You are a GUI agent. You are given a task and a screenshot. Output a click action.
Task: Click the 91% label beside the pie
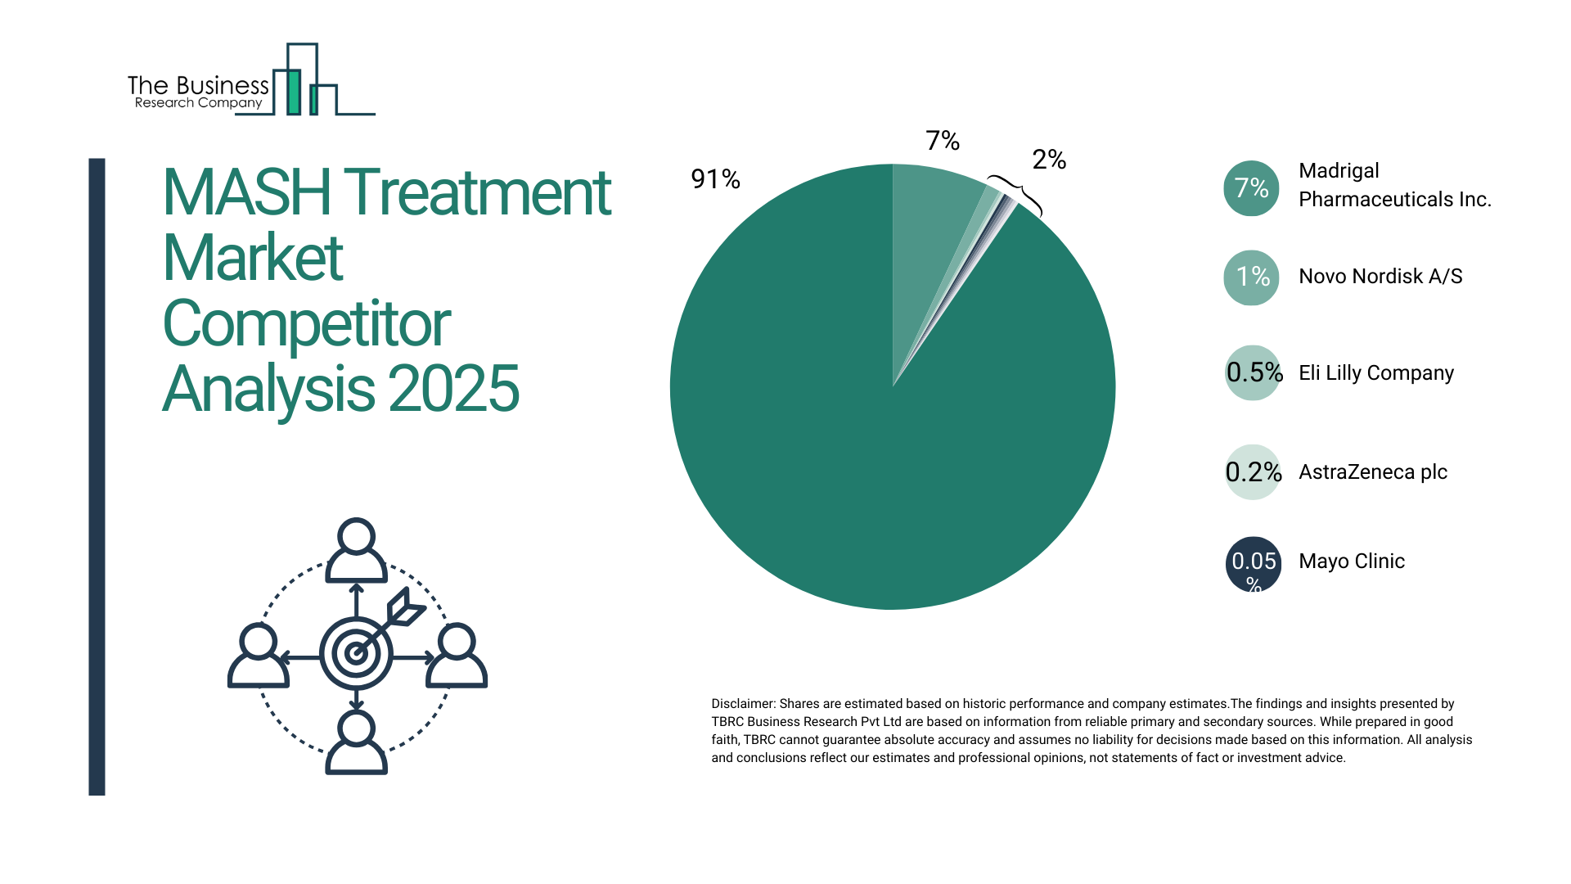pos(715,178)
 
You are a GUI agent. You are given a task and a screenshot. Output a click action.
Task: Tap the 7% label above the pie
pos(943,141)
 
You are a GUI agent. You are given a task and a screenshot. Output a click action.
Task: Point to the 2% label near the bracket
pos(1049,160)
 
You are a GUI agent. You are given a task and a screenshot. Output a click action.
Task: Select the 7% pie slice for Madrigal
pos(933,221)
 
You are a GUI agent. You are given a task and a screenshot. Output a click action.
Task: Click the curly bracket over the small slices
pos(1017,193)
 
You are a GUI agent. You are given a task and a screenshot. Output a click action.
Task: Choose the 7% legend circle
pos(1251,188)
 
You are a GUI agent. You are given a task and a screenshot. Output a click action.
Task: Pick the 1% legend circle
pos(1251,277)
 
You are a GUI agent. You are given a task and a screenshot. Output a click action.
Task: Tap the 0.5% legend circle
pos(1253,373)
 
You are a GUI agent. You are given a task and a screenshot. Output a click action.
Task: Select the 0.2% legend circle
pos(1253,472)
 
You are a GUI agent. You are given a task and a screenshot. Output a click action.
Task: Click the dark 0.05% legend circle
pos(1253,564)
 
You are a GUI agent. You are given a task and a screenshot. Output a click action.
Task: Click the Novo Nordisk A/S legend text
pos(1380,277)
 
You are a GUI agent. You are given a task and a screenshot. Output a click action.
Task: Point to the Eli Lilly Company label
pos(1376,373)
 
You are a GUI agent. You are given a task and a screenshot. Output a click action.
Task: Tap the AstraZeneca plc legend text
pos(1373,472)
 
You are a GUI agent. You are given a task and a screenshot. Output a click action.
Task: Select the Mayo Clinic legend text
pos(1352,562)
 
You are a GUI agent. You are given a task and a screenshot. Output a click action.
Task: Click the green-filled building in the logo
pos(293,92)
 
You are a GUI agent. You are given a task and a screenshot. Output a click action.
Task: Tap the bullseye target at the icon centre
pos(356,653)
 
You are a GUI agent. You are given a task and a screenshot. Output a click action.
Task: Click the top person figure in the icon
pos(356,550)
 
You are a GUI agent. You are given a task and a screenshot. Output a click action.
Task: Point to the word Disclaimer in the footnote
pos(742,704)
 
